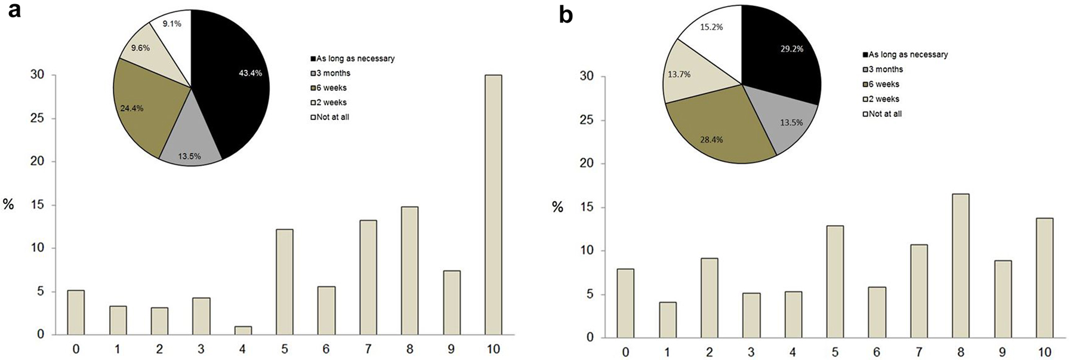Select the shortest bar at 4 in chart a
pyautogui.click(x=243, y=330)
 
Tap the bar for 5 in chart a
pyautogui.click(x=285, y=282)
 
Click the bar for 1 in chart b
pyautogui.click(x=668, y=319)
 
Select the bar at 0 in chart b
pyautogui.click(x=626, y=303)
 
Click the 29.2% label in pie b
pyautogui.click(x=791, y=48)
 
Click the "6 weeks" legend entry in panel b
pyautogui.click(x=883, y=84)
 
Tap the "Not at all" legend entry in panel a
pyautogui.click(x=332, y=117)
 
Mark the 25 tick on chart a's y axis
pyautogui.click(x=37, y=118)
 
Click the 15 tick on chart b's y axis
pyautogui.click(x=587, y=207)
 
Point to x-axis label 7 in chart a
pyautogui.click(x=368, y=348)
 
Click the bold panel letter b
pyautogui.click(x=565, y=15)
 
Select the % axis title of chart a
pyautogui.click(x=8, y=204)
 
